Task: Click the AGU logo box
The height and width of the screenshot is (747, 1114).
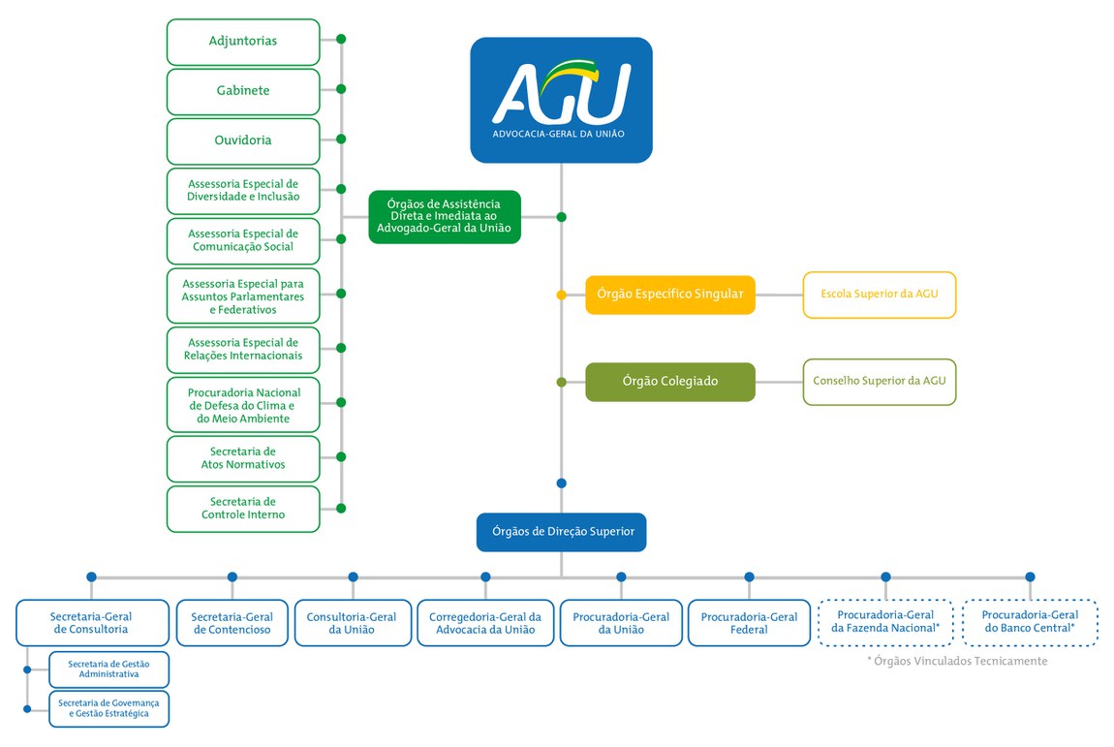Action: (561, 100)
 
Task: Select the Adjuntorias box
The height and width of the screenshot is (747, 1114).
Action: (243, 42)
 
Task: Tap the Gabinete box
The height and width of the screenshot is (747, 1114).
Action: (243, 91)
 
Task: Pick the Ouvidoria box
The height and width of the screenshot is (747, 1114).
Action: (243, 140)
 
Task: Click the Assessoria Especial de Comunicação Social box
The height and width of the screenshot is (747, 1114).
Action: (243, 240)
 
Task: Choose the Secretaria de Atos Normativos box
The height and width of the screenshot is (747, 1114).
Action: (243, 458)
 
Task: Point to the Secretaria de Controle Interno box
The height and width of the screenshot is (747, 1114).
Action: (243, 509)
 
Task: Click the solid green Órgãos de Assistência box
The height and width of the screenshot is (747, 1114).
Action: (445, 217)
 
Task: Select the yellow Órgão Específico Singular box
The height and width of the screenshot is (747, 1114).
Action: (670, 295)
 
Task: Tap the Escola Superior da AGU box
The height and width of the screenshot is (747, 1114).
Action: (879, 295)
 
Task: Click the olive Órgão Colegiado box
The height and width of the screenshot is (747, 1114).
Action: (670, 382)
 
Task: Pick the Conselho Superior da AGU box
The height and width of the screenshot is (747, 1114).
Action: (879, 382)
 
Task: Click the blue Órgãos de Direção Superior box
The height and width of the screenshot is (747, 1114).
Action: (561, 532)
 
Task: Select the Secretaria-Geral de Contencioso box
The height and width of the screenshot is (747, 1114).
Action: (232, 623)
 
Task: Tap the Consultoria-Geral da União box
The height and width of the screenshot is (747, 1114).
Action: (352, 623)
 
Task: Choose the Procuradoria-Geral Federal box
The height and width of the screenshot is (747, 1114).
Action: (749, 623)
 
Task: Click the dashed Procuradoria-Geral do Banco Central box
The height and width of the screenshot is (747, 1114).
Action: (1030, 622)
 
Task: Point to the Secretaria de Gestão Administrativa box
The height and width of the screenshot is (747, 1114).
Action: (109, 669)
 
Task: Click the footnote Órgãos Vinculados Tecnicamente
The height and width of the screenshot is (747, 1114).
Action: (956, 661)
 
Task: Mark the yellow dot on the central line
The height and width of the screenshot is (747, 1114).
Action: (562, 295)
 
